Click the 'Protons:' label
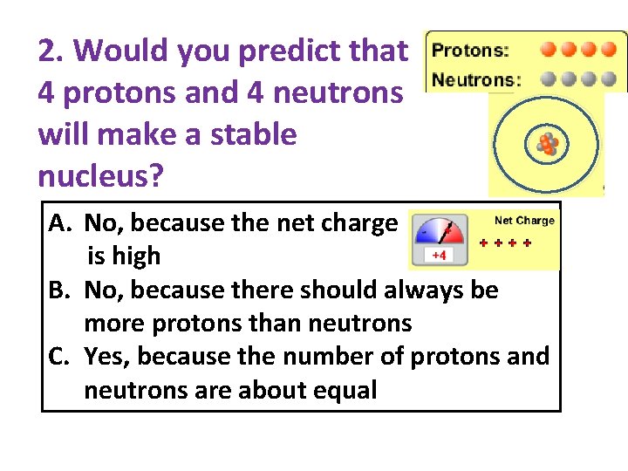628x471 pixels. pos(470,50)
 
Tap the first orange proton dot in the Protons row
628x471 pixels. pos(549,49)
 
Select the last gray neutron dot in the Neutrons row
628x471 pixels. pos(612,78)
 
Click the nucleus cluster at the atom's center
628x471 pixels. pos(547,145)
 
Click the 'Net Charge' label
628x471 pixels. pos(524,221)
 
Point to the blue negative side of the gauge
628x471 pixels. pos(425,234)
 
